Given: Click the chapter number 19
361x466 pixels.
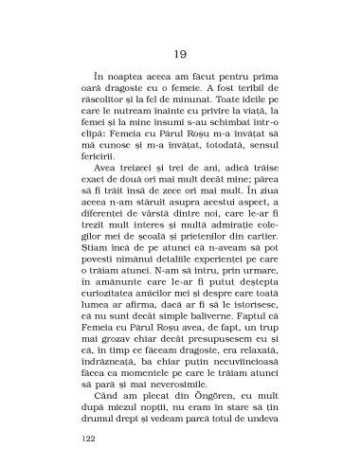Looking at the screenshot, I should [x=180, y=54].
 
